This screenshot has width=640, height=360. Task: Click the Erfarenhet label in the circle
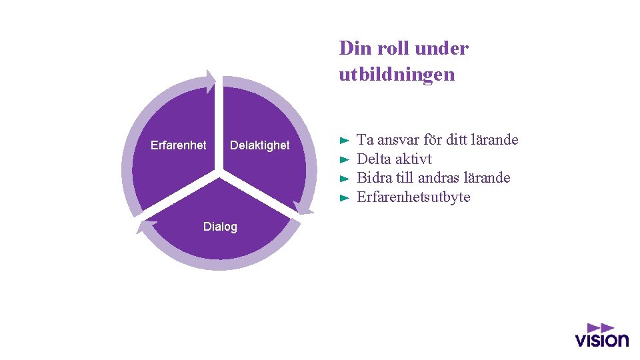tap(178, 145)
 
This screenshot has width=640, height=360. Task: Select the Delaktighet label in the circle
tap(259, 145)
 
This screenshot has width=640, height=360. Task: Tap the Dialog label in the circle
tap(220, 227)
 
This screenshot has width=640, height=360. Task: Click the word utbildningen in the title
tap(397, 74)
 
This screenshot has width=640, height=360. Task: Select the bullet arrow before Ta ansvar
tap(344, 141)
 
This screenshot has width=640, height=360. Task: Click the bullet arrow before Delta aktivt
tap(344, 160)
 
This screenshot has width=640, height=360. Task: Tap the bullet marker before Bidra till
tap(344, 179)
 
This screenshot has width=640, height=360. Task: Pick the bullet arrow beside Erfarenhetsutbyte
tap(344, 198)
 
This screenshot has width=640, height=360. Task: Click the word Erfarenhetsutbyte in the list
tap(413, 197)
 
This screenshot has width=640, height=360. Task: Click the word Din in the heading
tap(352, 49)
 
